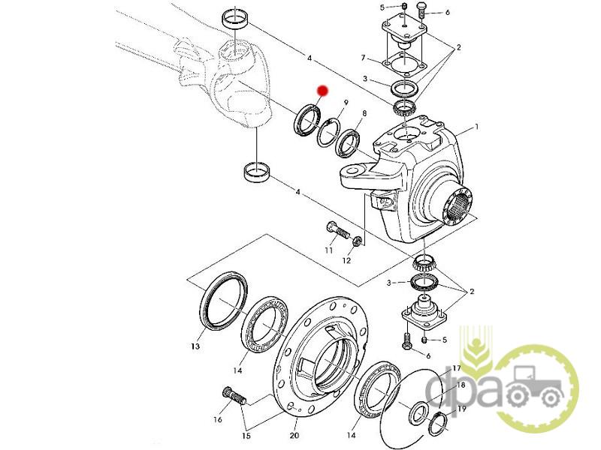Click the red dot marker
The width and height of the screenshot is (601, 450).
pos(322,91)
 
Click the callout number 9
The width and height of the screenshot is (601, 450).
pos(346,103)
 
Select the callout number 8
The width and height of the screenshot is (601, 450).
pos(364,113)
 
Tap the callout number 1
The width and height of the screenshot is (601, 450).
pos(477,126)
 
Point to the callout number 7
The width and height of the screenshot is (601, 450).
pos(363,58)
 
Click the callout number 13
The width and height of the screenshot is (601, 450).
pos(195,346)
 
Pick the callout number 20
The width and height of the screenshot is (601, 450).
pos(294,435)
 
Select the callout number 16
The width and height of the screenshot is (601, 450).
pos(218,420)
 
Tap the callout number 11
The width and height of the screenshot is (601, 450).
pos(329,250)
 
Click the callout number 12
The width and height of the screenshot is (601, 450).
pos(346,260)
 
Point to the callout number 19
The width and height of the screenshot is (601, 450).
pos(462,409)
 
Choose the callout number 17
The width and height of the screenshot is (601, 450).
pos(456,368)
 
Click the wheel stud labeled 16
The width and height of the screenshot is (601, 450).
pos(235,397)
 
